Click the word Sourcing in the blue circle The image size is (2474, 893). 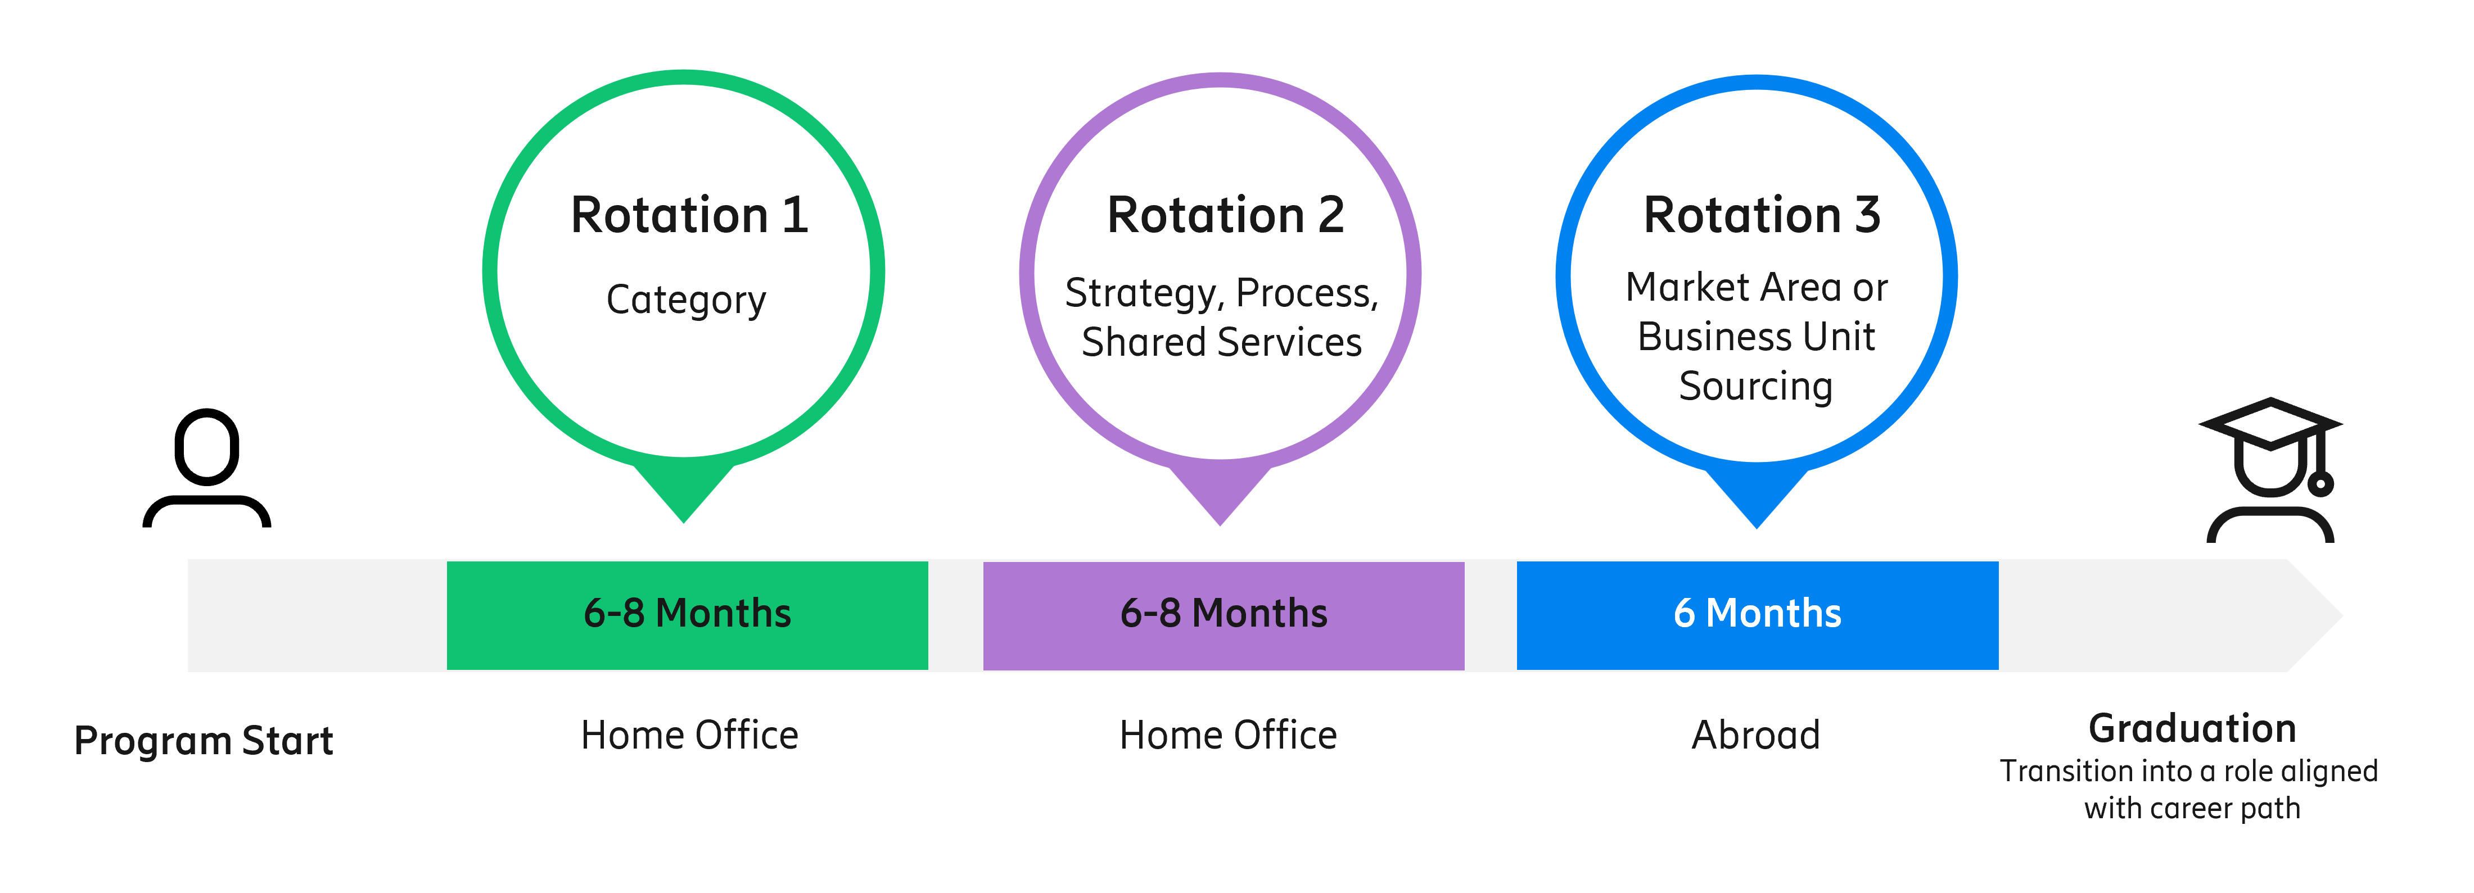click(1755, 386)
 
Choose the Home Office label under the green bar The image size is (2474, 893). click(689, 736)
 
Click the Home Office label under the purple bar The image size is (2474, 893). click(1227, 736)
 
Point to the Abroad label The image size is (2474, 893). click(1755, 736)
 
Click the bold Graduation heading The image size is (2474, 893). click(2192, 729)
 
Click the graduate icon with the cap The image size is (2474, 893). click(2270, 470)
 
